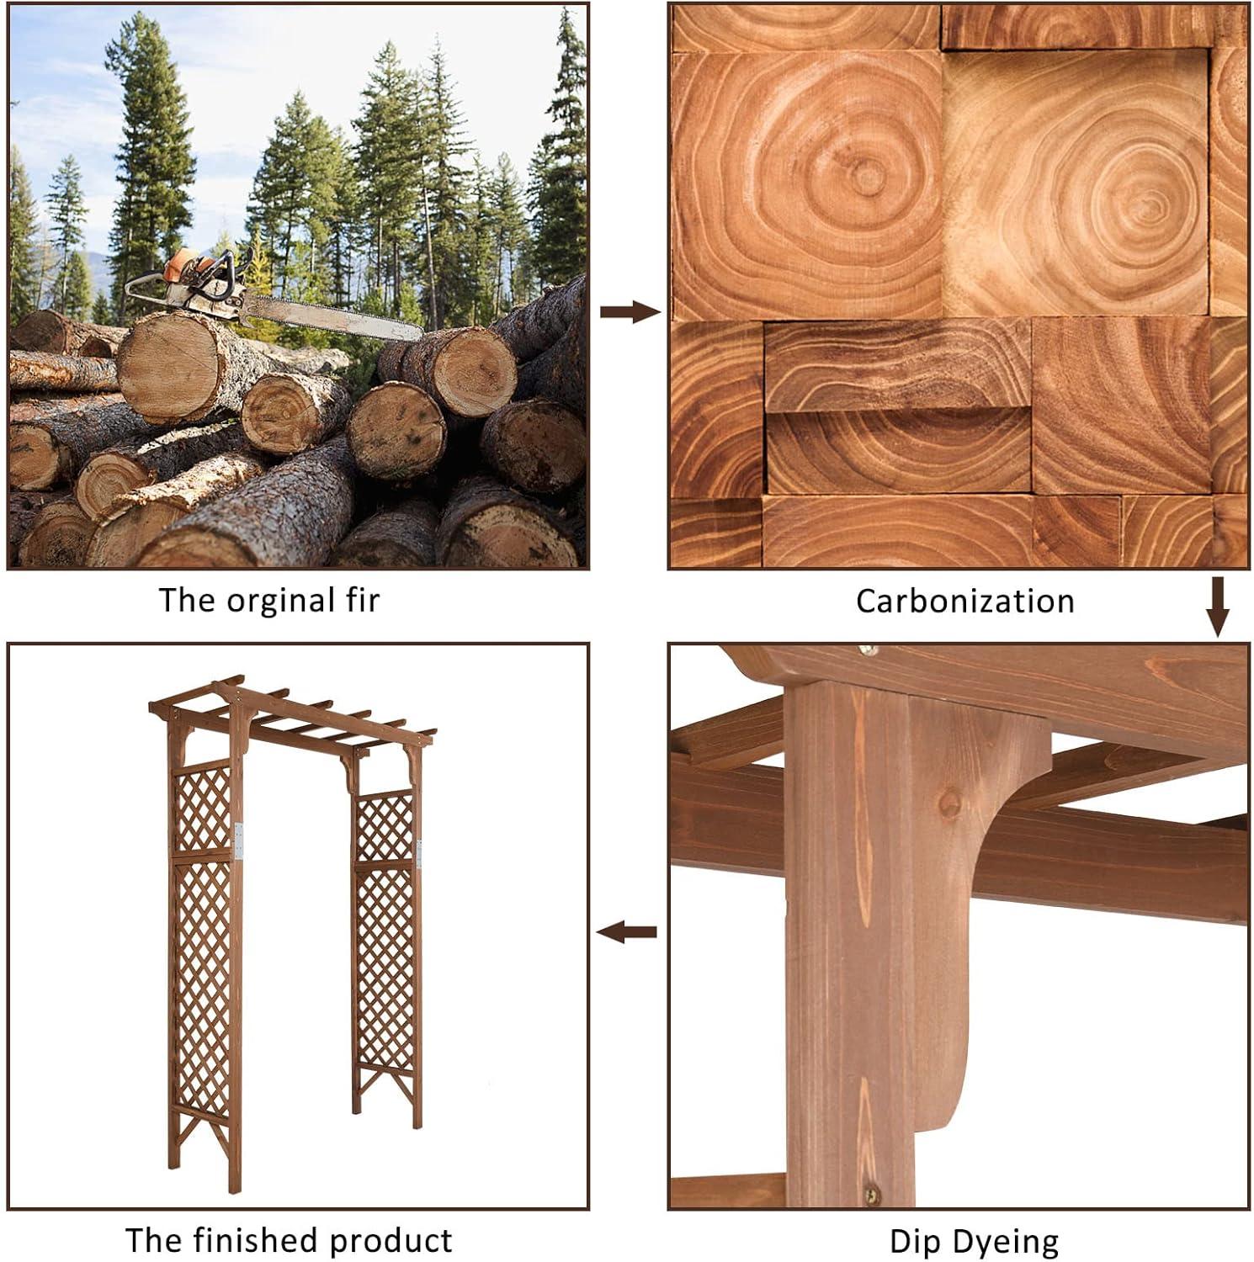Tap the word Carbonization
pos(965,601)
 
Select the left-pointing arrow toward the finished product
pos(626,931)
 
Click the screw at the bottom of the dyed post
pos(874,1191)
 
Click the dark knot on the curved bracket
pos(950,802)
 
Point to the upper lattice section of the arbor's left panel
pos(202,808)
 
